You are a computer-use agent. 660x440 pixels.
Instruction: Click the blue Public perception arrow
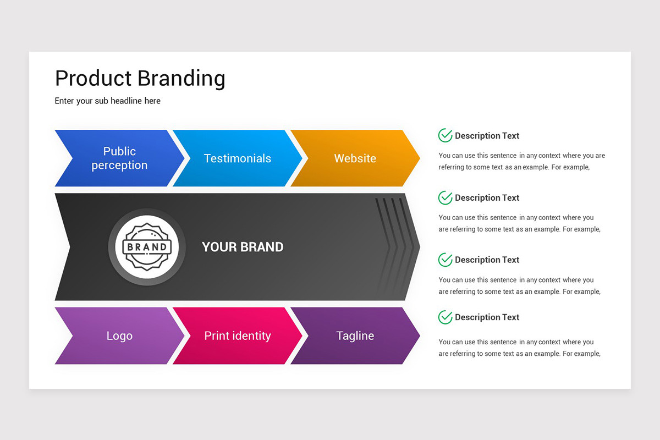click(119, 158)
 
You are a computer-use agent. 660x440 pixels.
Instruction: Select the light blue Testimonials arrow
click(238, 158)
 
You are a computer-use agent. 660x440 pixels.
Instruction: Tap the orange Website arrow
click(355, 158)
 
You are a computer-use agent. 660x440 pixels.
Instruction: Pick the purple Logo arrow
click(119, 335)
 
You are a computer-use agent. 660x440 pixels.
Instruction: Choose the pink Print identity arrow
click(238, 335)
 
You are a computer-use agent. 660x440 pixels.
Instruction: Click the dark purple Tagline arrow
click(355, 335)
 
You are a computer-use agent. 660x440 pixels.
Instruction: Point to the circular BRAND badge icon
click(147, 247)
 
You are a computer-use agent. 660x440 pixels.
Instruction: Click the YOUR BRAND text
click(243, 247)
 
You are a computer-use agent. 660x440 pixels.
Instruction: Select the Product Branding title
click(140, 78)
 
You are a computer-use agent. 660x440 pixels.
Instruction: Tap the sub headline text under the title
click(108, 101)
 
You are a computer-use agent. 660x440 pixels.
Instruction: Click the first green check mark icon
click(445, 135)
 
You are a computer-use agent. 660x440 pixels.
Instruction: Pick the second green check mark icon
click(445, 197)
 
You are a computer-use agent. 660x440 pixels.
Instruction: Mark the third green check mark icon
click(445, 260)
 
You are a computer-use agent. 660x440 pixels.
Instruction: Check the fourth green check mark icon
click(445, 317)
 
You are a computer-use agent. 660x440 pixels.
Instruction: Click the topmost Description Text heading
click(487, 136)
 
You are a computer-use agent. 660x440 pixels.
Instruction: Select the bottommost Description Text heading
click(487, 317)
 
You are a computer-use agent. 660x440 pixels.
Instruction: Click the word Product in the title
click(93, 78)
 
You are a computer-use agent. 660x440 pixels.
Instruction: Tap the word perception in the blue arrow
click(119, 166)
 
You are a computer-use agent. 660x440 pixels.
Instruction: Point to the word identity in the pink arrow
click(252, 335)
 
